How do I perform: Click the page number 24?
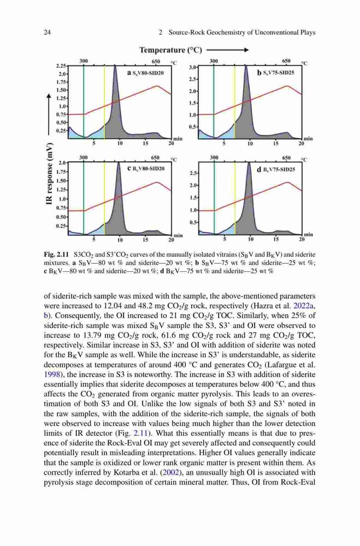(x=48, y=33)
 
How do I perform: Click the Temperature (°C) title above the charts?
(x=171, y=50)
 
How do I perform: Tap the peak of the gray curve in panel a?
(x=115, y=65)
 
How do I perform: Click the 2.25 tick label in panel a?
(x=61, y=66)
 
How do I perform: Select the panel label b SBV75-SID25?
(x=276, y=73)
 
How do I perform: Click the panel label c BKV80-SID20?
(x=146, y=169)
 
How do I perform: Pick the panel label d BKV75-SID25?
(x=276, y=170)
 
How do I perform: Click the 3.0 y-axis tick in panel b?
(x=192, y=67)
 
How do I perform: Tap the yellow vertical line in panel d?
(x=235, y=198)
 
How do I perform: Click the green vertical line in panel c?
(x=84, y=198)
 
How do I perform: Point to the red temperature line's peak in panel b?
(x=287, y=86)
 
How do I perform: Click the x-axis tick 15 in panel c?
(x=145, y=240)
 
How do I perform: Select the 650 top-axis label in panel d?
(x=286, y=158)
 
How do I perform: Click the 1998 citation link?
(x=51, y=375)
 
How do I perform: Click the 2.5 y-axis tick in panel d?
(x=192, y=173)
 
